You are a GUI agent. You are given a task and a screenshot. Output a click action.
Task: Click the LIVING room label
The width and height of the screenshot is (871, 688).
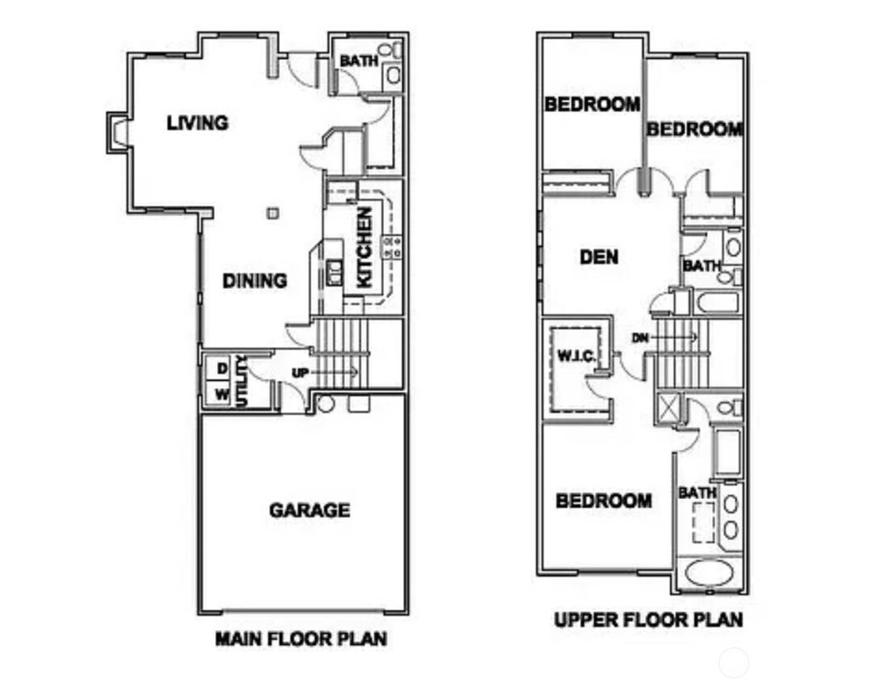point(197,122)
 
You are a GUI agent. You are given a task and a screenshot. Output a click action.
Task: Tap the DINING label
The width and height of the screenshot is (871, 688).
point(254,281)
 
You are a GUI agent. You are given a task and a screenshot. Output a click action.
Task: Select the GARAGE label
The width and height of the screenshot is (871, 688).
point(310,510)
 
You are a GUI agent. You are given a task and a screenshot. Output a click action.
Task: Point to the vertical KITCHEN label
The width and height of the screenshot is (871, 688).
point(364,247)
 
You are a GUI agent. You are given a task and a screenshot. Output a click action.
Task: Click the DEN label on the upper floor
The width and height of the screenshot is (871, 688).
point(599,257)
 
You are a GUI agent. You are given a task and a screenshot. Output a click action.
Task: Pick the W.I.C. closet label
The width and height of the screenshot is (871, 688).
point(577,356)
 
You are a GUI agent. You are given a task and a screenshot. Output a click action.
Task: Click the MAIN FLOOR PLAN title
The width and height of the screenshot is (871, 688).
point(301,639)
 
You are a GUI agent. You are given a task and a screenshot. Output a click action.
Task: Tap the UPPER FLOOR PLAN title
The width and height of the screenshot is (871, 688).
point(648,619)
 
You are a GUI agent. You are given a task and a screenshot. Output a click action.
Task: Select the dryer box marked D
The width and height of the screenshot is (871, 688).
point(221,368)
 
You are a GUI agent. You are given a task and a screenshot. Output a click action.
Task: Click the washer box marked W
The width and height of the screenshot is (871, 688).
point(221,395)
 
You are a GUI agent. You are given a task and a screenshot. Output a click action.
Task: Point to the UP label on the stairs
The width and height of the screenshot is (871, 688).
point(300,372)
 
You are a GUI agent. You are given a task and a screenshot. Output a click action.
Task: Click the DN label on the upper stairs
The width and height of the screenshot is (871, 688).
point(640,338)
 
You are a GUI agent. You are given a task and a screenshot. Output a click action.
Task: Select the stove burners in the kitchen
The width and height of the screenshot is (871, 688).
point(392,247)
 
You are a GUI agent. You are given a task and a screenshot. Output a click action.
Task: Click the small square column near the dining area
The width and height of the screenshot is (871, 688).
point(273,213)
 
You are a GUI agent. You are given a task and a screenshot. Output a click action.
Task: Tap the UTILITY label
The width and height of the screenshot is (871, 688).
point(241,382)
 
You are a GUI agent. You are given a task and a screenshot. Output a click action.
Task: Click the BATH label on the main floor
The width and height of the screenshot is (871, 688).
point(359,60)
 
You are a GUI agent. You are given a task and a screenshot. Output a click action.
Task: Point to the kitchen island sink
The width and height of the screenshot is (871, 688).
point(333,272)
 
